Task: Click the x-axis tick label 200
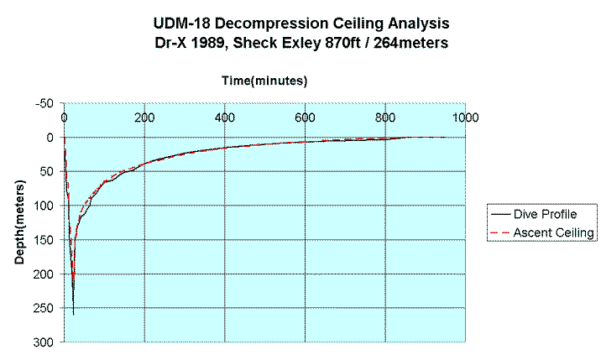pos(144,117)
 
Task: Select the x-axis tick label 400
pos(224,117)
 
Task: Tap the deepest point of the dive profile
pos(73,315)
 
